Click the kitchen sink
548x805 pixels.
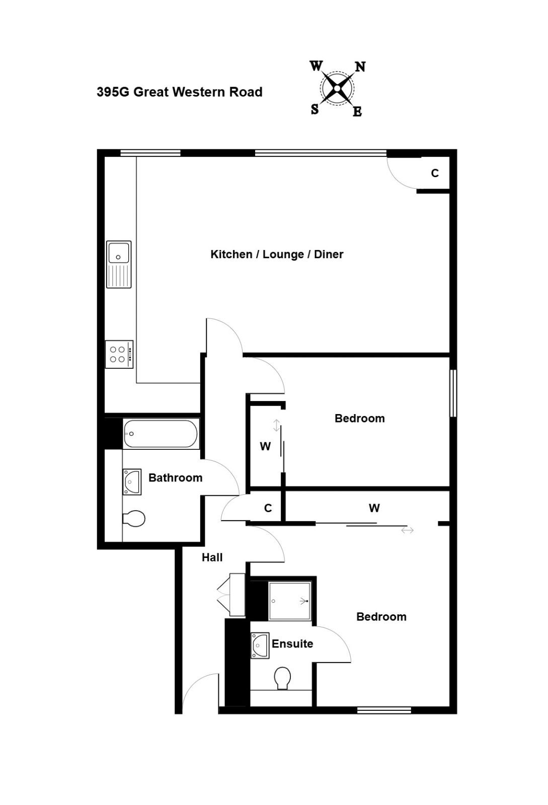tap(119, 264)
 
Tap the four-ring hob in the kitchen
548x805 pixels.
tap(119, 354)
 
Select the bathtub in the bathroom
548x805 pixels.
tap(161, 434)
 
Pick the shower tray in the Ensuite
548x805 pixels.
tap(290, 601)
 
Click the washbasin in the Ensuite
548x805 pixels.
tap(260, 645)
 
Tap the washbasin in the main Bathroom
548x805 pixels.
tap(131, 481)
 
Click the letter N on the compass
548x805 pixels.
tap(360, 67)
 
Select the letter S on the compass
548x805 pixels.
tap(315, 109)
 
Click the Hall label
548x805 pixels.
tap(212, 557)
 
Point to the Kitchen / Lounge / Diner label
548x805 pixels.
tap(277, 254)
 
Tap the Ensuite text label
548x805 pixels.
tap(292, 643)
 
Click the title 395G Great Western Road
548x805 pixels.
tap(179, 92)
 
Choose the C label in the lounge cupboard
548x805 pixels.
tap(435, 173)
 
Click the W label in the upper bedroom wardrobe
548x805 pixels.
tap(265, 446)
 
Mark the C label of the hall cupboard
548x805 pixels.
tap(268, 508)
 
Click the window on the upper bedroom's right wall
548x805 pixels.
tap(453, 393)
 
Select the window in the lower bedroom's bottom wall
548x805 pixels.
tap(384, 710)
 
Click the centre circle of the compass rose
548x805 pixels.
tap(337, 88)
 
